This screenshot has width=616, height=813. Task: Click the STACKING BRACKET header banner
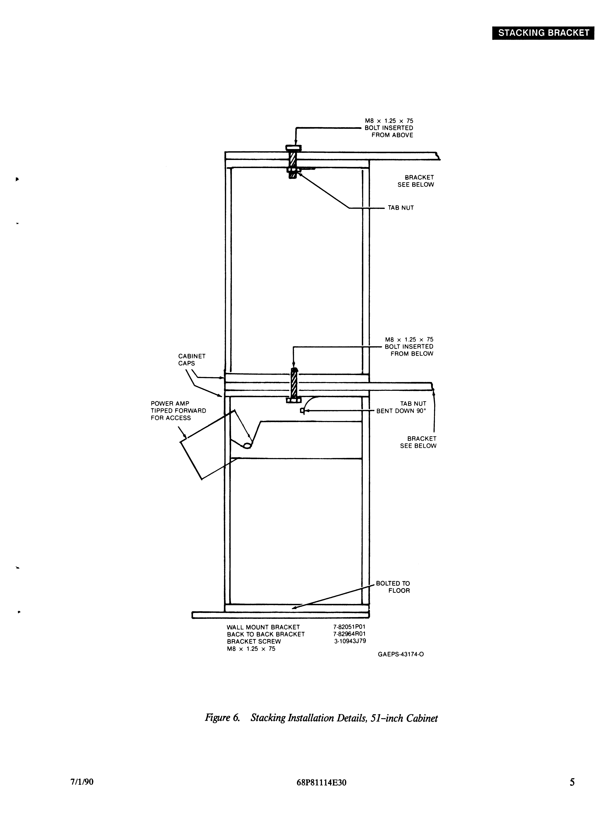[x=543, y=33]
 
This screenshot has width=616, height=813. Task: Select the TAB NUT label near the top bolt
[x=401, y=208]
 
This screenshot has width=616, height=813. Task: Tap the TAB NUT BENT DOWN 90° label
[x=401, y=407]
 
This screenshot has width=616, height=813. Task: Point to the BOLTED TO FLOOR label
[x=393, y=587]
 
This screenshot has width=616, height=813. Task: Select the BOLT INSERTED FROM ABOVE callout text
[x=389, y=128]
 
